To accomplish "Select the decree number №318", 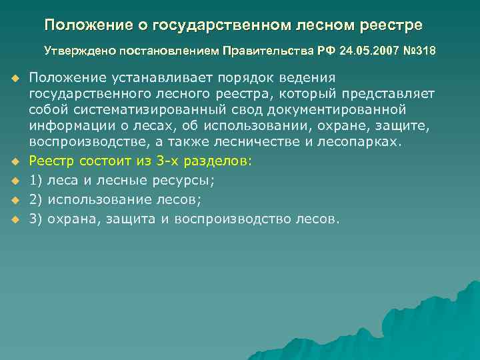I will pos(417,50).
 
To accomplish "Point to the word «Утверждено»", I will pos(72,50).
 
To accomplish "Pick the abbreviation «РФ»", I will pos(325,50).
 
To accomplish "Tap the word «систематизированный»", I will pos(146,109).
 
